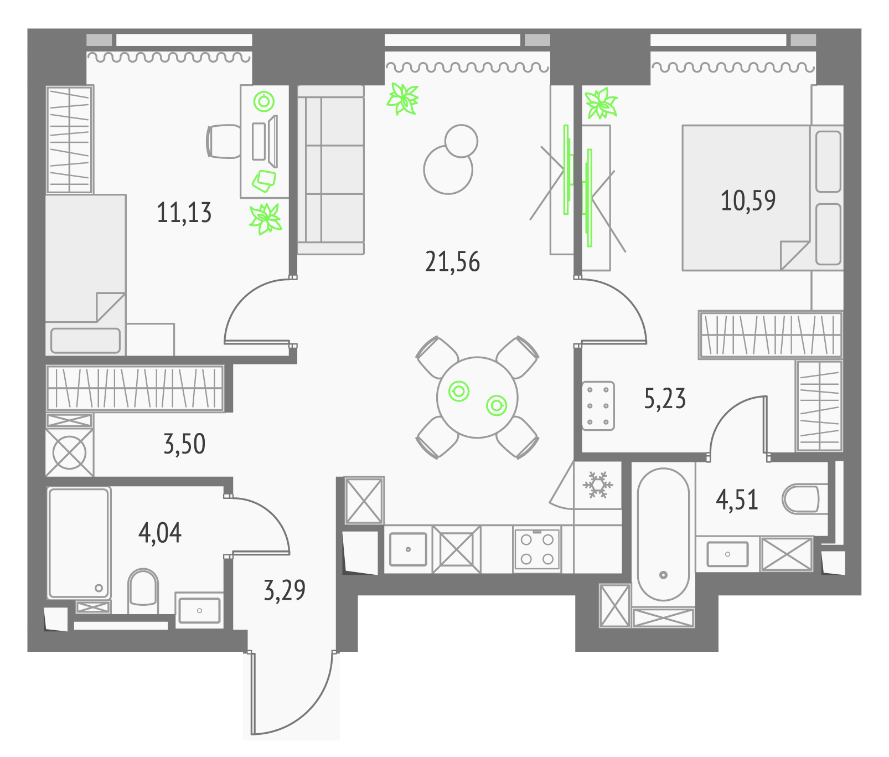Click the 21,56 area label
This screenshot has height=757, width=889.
tap(452, 261)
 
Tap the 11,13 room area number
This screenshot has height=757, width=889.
tap(184, 213)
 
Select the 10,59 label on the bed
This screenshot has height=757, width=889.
tap(748, 200)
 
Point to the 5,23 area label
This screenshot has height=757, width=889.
tap(665, 399)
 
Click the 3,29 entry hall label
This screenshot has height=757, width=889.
tap(285, 590)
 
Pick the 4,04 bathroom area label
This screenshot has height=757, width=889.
tap(160, 533)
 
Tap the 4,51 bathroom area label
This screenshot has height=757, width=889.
tap(737, 499)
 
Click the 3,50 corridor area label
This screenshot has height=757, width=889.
tap(184, 444)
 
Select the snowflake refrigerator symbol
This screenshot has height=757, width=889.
tap(598, 485)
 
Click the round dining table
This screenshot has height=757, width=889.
tap(477, 397)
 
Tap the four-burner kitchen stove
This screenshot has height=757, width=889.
tap(537, 549)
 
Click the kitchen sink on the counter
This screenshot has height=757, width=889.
tap(408, 549)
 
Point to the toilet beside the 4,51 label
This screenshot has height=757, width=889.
tap(800, 499)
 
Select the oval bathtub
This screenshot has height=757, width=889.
tap(663, 534)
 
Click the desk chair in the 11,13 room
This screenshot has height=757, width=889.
tap(224, 141)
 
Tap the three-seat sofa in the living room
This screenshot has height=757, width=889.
tap(331, 169)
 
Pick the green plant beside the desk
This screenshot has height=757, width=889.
tap(266, 219)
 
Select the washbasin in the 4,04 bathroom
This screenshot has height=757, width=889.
tap(199, 610)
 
